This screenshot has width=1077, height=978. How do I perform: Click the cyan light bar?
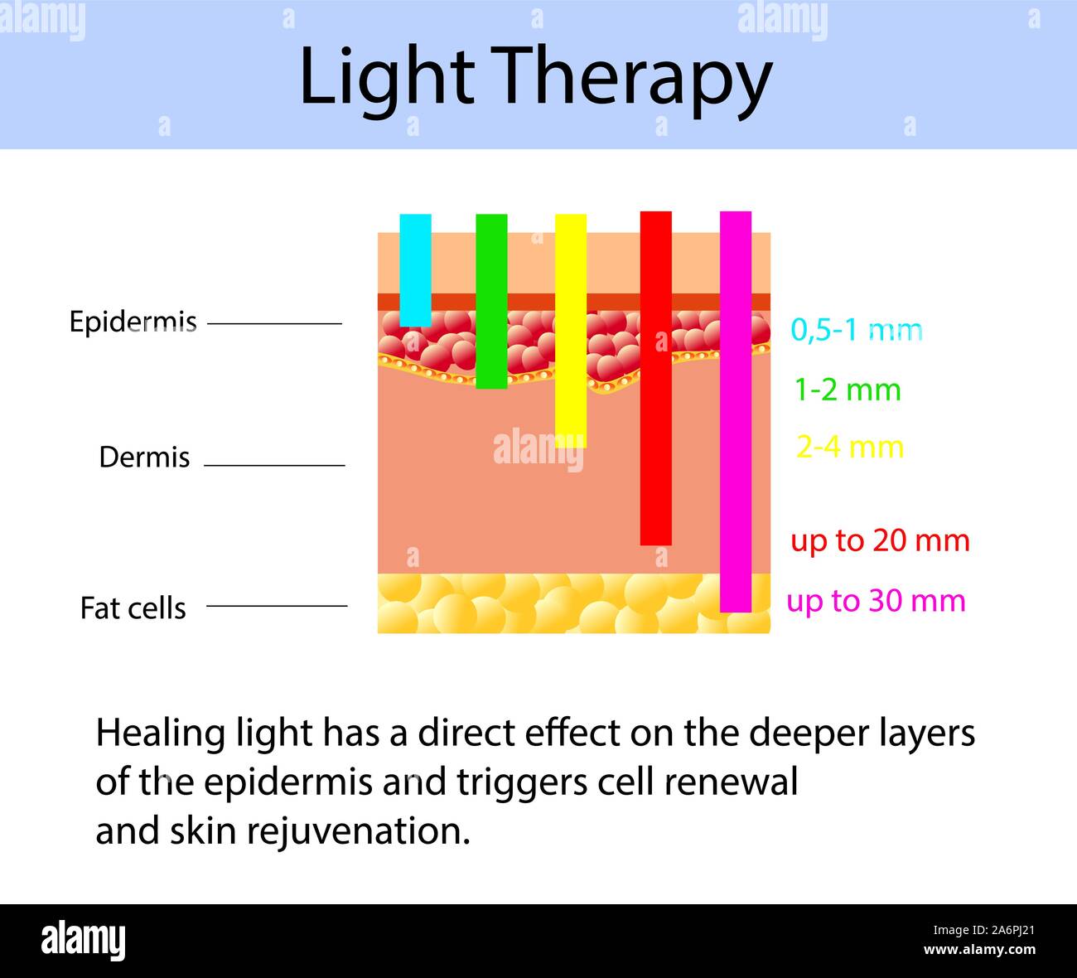[x=415, y=270]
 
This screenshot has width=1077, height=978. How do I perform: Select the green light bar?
[x=491, y=301]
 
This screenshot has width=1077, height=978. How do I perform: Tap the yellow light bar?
[x=570, y=331]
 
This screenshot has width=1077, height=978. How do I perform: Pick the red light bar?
[x=655, y=378]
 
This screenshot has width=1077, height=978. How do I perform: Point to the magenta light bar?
[x=736, y=411]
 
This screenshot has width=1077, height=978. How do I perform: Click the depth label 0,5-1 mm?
[x=857, y=330]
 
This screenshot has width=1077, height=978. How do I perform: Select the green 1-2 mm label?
[x=848, y=389]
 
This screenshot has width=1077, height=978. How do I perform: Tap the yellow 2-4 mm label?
[x=849, y=448]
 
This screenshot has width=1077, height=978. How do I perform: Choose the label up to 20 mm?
[x=880, y=540]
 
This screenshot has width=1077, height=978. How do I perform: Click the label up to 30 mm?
[x=876, y=600]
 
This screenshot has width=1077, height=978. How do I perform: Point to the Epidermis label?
[x=133, y=322]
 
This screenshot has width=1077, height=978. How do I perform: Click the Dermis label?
[x=144, y=457]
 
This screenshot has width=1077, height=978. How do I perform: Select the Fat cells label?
[x=133, y=608]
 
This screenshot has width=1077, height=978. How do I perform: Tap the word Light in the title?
[x=385, y=77]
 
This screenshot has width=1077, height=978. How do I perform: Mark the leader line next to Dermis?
[x=274, y=465]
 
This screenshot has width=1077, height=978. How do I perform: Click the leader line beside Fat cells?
[x=277, y=606]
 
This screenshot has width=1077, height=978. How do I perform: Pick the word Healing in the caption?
[x=148, y=733]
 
